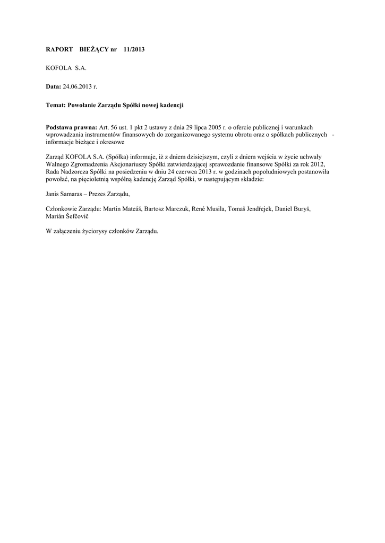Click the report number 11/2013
[x=133, y=49]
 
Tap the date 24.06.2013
[x=78, y=86]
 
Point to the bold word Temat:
[x=57, y=106]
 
